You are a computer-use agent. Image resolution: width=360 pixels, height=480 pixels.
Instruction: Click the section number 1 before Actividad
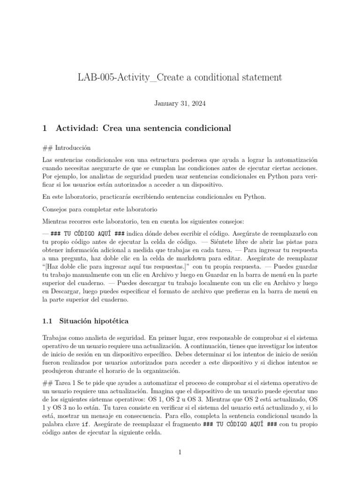(x=44, y=128)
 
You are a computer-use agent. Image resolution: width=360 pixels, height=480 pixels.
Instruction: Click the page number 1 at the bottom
(x=180, y=452)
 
